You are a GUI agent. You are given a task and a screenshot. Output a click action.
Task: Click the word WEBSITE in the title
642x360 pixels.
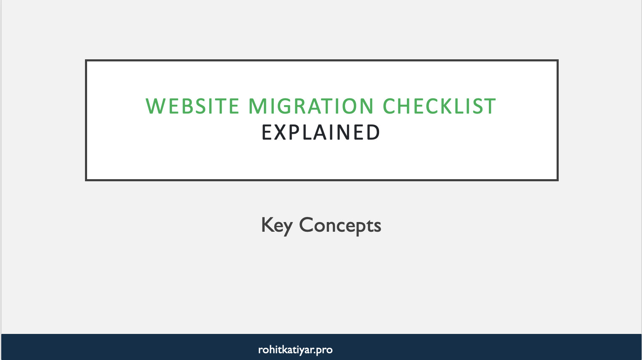point(192,106)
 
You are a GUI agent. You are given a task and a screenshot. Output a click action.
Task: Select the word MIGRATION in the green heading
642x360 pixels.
point(311,106)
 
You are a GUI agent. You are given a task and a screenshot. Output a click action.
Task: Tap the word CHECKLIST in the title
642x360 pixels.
point(439,106)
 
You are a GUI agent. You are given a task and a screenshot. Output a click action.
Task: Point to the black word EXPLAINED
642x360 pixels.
point(321,132)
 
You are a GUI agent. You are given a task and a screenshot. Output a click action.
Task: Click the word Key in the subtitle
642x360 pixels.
point(276,225)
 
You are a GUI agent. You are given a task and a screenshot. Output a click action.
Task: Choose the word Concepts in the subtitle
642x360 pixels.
point(340,225)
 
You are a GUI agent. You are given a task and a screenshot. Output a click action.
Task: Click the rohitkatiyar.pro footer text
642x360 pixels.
point(295,350)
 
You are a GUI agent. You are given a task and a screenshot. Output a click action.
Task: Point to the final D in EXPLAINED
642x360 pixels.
point(372,132)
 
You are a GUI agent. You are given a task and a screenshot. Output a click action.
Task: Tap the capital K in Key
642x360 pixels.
point(268,225)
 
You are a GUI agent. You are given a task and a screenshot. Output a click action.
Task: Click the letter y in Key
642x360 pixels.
point(287,228)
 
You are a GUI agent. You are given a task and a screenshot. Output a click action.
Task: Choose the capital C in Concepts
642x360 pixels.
point(307,225)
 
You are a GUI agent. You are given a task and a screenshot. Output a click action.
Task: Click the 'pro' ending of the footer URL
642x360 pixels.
point(324,350)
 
